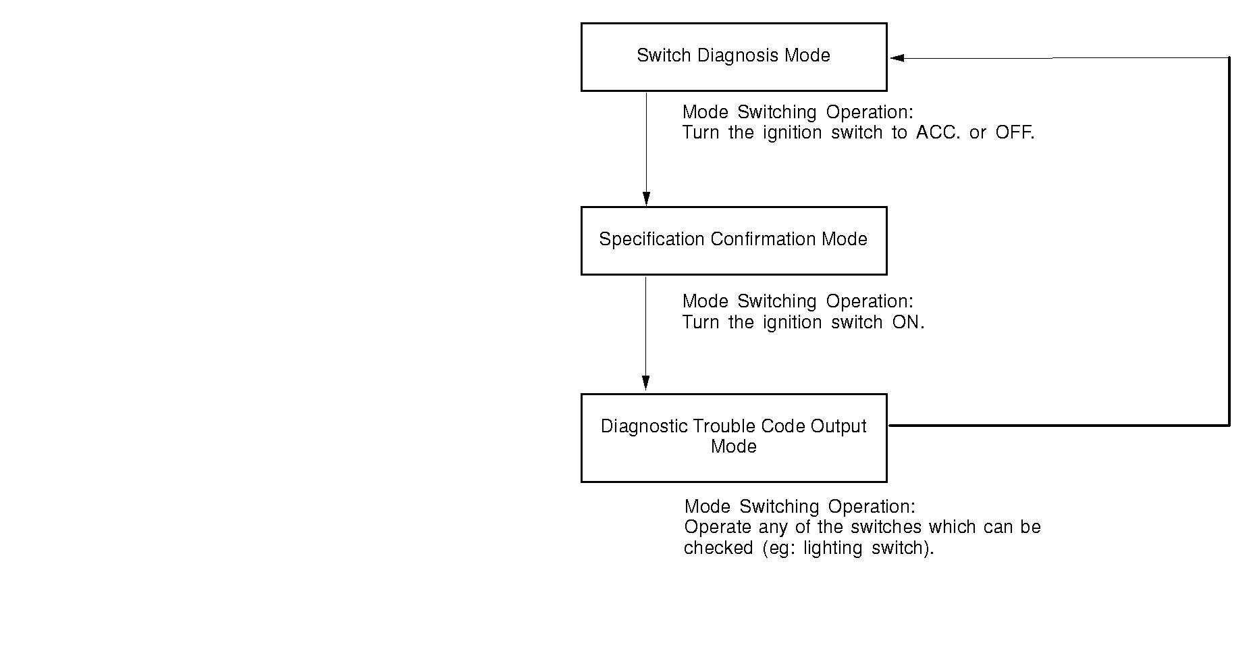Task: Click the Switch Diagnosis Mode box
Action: click(733, 57)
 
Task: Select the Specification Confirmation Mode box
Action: click(733, 240)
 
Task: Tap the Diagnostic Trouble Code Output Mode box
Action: click(733, 438)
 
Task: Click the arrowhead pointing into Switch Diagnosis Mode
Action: click(897, 58)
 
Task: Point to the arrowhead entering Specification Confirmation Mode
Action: click(646, 199)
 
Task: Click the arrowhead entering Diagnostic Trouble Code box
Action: click(645, 382)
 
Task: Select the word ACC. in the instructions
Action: click(938, 132)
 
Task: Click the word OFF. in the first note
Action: click(1015, 132)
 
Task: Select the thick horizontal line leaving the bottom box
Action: click(1053, 426)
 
